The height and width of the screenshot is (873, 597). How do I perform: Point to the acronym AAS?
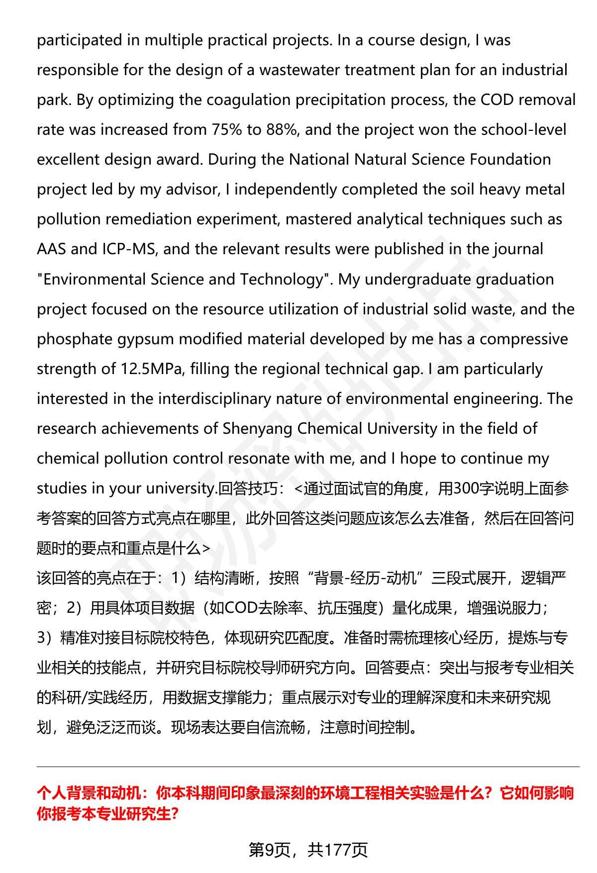tap(51, 249)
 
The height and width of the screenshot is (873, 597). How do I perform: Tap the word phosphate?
tap(75, 339)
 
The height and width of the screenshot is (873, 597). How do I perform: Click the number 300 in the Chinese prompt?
tap(466, 489)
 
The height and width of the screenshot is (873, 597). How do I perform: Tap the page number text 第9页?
tap(270, 850)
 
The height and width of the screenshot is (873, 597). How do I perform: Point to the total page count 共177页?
tap(338, 850)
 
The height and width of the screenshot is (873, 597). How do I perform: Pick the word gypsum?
tap(146, 339)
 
